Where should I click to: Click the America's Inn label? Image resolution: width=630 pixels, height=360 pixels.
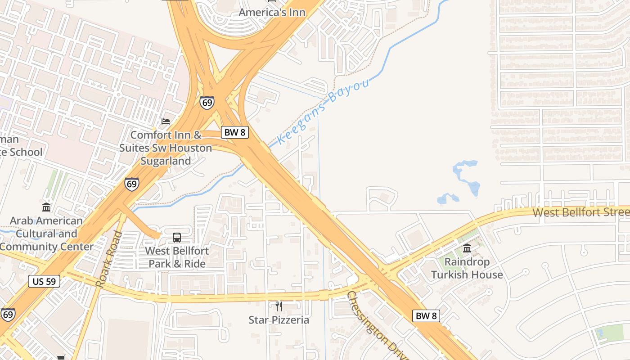[272, 12]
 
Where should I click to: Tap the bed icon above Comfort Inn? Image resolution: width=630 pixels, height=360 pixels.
[166, 121]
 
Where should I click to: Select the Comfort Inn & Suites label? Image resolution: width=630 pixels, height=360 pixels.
[166, 148]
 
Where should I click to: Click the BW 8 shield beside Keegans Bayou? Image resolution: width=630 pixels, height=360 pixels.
[234, 132]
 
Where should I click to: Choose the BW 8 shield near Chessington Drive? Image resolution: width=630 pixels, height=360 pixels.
[425, 316]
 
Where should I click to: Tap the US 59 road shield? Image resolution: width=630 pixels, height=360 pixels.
[44, 282]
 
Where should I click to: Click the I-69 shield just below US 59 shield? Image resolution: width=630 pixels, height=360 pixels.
[8, 314]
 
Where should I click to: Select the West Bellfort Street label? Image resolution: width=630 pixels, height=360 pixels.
[580, 212]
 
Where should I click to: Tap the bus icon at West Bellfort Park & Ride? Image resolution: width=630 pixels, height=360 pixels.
[177, 237]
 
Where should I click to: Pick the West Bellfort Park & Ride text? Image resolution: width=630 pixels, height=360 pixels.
[177, 257]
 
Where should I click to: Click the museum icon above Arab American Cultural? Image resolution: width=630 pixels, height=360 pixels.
[46, 207]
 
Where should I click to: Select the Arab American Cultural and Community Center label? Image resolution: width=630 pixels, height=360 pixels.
[46, 234]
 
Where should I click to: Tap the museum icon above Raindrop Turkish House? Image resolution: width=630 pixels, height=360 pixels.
[467, 248]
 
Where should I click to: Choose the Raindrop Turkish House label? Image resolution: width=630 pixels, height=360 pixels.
[467, 268]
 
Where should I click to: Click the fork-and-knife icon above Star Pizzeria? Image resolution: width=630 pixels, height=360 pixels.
[279, 306]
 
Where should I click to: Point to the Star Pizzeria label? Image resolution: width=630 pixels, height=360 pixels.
[279, 320]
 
